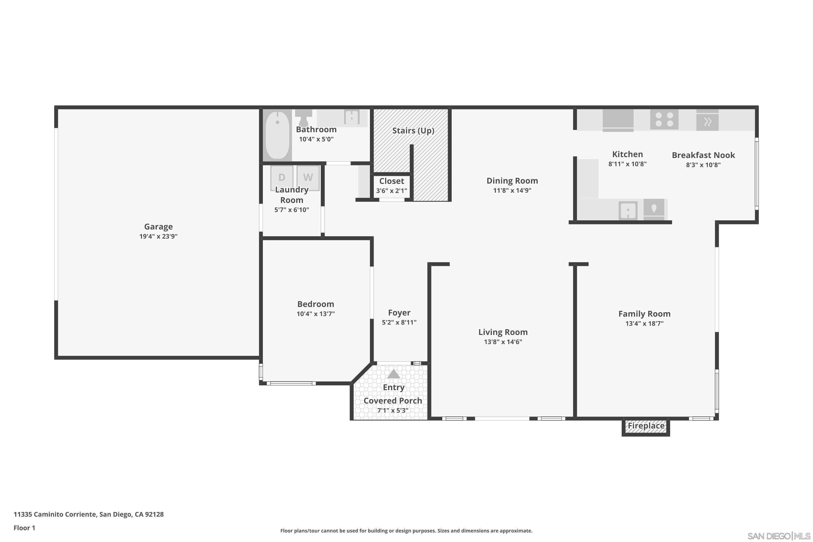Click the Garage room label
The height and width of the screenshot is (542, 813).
click(x=158, y=227)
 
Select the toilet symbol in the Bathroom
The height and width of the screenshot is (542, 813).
click(x=304, y=118)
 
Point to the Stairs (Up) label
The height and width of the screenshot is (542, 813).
click(x=413, y=131)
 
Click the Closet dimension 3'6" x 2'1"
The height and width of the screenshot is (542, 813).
click(x=391, y=191)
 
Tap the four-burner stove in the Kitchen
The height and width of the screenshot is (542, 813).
click(x=664, y=119)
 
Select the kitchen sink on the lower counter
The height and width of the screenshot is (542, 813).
click(x=628, y=210)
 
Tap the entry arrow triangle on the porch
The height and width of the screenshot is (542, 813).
click(x=393, y=374)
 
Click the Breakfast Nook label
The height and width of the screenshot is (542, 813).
click(x=703, y=155)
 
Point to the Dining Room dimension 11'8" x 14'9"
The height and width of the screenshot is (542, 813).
click(x=512, y=191)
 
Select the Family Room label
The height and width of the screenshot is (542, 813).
click(x=644, y=314)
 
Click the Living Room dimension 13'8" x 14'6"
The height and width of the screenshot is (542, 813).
click(x=503, y=342)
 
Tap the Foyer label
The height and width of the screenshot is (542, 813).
click(x=399, y=313)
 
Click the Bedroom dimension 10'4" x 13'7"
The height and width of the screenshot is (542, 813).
click(x=316, y=314)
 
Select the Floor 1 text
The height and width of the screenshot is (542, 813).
click(x=24, y=528)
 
